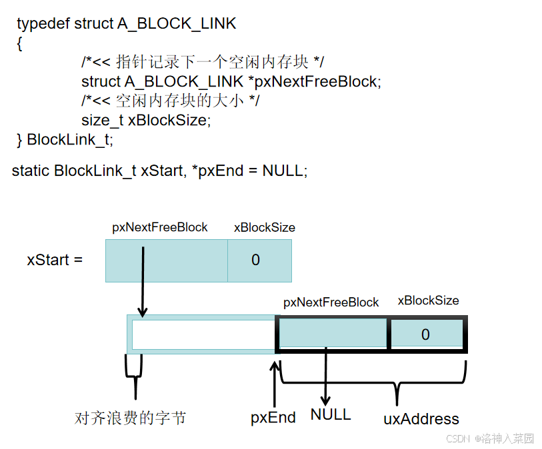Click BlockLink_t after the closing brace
(x=70, y=140)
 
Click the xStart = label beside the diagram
(x=55, y=260)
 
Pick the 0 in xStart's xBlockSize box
(x=256, y=260)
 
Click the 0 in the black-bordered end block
(x=425, y=334)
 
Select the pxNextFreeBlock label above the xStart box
(x=160, y=227)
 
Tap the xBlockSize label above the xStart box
(x=264, y=227)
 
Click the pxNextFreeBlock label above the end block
(x=331, y=302)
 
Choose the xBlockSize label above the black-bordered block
(x=428, y=300)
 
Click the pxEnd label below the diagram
(x=273, y=418)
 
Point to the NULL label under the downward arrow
(x=330, y=414)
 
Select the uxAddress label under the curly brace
(x=421, y=419)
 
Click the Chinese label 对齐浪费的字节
(x=130, y=418)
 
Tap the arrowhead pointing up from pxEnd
(x=274, y=366)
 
